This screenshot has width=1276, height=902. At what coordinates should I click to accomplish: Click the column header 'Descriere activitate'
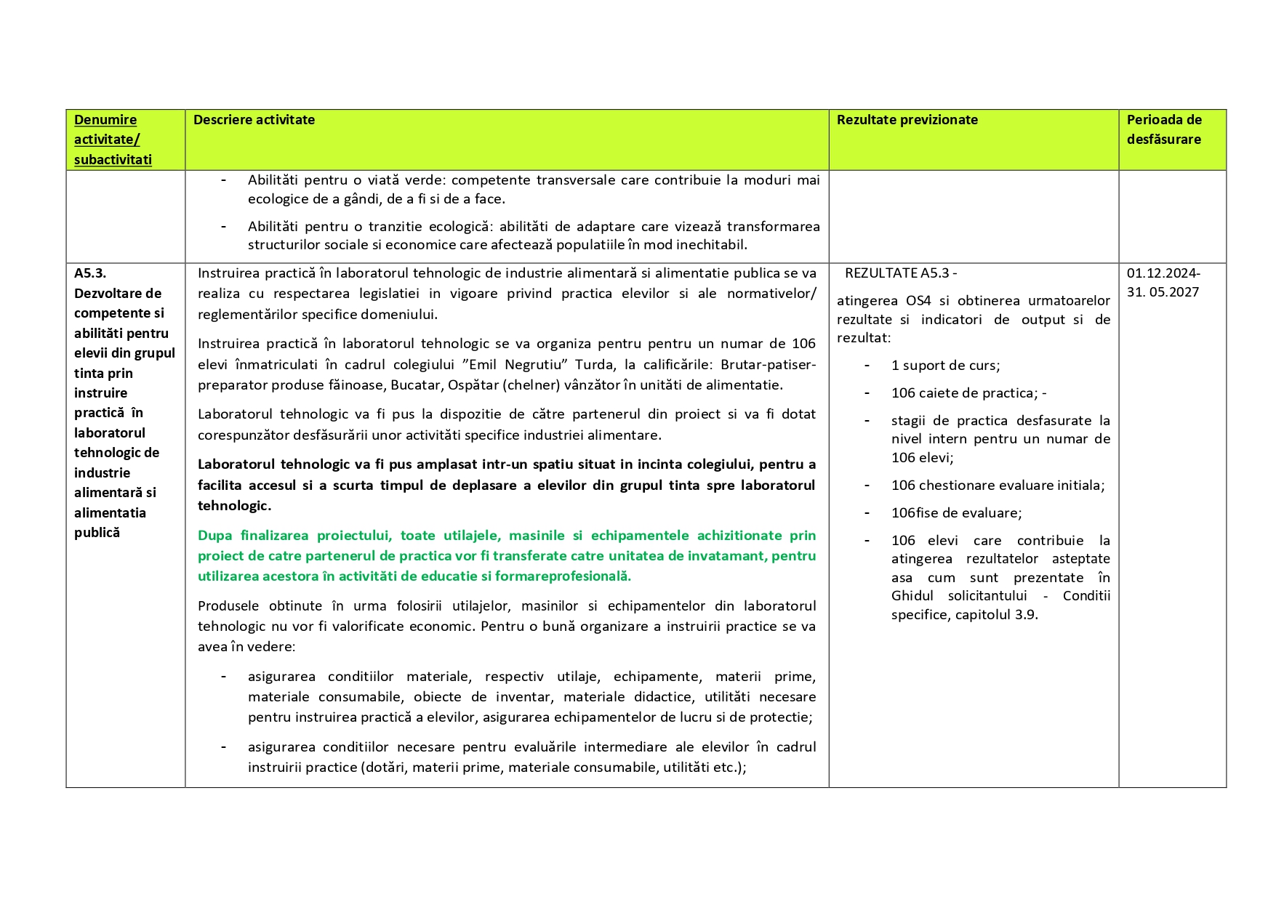[254, 120]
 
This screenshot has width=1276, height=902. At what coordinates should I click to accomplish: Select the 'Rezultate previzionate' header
[907, 120]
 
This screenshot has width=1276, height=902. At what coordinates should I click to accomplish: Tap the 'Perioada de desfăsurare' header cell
[1164, 129]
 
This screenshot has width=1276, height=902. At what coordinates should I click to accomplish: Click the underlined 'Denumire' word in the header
[105, 120]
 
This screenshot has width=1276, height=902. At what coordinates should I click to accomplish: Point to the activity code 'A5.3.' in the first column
[90, 273]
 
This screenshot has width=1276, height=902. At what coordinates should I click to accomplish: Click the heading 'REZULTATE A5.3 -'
[900, 273]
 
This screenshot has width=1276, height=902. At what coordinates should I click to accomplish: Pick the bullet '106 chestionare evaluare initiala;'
[998, 486]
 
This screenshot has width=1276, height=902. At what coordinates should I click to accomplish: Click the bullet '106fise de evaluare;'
[956, 513]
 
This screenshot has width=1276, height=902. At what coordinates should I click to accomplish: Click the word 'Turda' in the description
[594, 364]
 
